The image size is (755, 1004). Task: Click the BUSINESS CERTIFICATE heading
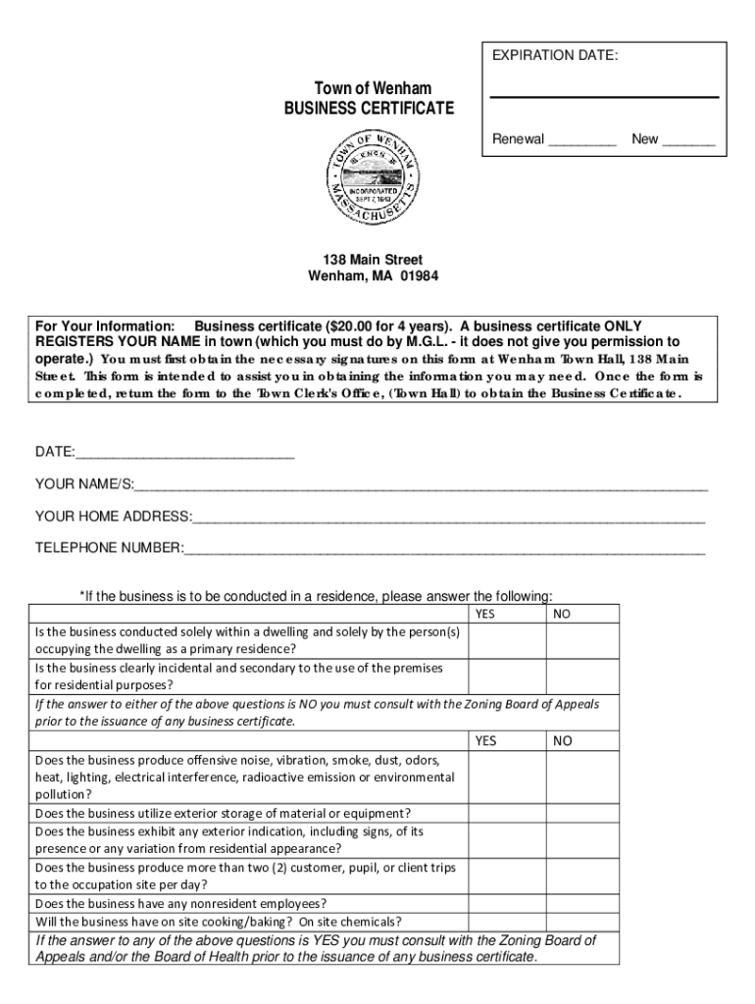369,108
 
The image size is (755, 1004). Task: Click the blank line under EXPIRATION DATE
604,95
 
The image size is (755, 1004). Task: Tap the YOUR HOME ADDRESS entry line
448,517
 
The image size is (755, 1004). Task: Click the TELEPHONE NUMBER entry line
443,548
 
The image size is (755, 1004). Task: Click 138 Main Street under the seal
373,260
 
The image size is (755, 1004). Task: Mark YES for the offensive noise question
506,777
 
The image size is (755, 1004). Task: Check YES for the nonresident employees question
506,903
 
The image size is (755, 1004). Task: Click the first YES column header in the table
485,614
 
